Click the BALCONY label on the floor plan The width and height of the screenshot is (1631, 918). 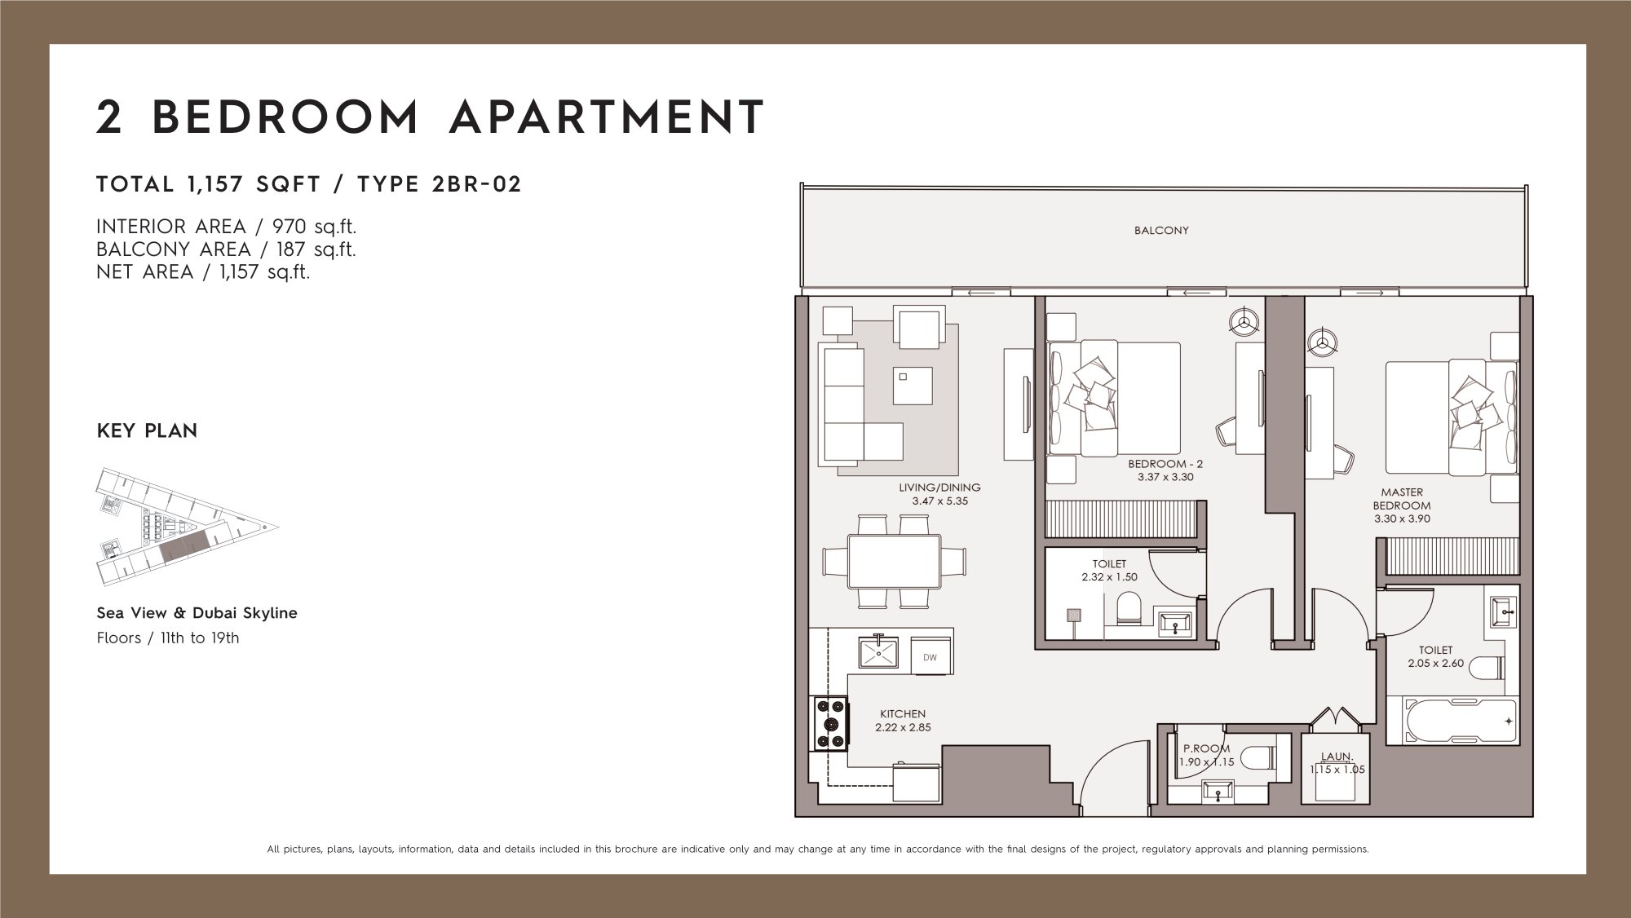click(x=1161, y=231)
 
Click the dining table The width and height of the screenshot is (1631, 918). click(x=894, y=561)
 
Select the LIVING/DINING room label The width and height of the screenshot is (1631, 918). click(x=939, y=488)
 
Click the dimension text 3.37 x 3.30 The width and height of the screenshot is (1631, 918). click(x=1165, y=477)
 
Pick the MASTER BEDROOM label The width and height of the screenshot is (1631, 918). click(x=1402, y=499)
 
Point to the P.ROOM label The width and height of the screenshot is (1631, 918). click(x=1206, y=748)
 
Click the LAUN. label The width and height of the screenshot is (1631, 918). click(x=1337, y=757)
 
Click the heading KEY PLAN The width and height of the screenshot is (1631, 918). click(x=147, y=430)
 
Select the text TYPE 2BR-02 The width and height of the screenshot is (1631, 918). click(x=440, y=184)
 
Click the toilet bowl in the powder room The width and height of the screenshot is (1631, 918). click(x=1255, y=759)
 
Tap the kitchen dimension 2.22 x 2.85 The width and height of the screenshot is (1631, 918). click(x=903, y=727)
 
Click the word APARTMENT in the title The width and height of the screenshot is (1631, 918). click(x=608, y=117)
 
